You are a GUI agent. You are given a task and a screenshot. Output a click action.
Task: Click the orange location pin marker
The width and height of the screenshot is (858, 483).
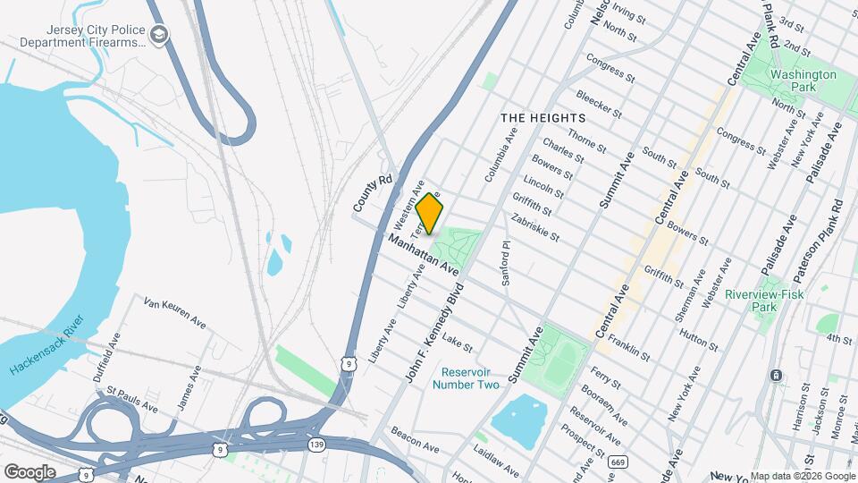[429, 212]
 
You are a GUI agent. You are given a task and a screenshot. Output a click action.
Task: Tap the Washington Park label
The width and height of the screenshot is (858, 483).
[803, 81]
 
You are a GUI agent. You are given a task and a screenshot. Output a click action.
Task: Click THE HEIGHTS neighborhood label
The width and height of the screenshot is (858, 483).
[543, 118]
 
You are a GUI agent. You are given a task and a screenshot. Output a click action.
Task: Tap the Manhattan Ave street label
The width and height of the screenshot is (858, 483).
[423, 254]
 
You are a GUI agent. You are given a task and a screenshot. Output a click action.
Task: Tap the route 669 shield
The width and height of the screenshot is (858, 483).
[618, 462]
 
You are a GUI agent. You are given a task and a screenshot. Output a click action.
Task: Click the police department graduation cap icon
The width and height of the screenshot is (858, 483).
[160, 36]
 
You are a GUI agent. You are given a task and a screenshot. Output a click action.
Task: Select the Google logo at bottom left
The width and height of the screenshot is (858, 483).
[29, 471]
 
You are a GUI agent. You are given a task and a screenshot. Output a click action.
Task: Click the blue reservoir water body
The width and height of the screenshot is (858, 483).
[518, 420]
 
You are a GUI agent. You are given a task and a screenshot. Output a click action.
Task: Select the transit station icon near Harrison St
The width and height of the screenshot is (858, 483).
[777, 375]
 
